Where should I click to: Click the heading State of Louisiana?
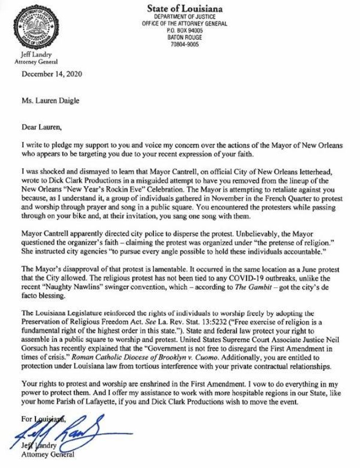coord(184,8)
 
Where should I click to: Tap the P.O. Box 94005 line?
coord(184,31)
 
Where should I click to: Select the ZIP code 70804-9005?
coord(185,44)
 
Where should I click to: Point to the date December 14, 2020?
coord(52,74)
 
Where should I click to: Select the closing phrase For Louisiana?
coord(43,419)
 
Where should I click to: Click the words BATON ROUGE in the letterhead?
coord(184,37)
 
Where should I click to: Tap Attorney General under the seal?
coord(36,62)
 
